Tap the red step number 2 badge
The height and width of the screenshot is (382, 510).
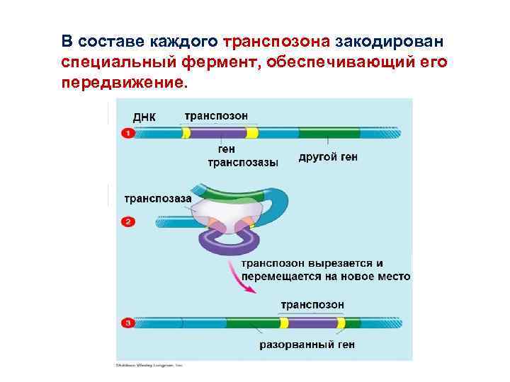tap(127, 222)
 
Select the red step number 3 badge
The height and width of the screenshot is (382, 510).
tap(127, 323)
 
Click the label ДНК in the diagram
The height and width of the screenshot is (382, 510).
tap(144, 117)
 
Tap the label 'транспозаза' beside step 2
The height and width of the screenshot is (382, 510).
tap(158, 199)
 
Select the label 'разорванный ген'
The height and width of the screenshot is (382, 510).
tap(307, 345)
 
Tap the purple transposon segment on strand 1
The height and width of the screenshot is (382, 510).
tap(217, 132)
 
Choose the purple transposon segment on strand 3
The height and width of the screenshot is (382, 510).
tap(312, 323)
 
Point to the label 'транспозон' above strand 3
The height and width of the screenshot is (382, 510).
tap(312, 304)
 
